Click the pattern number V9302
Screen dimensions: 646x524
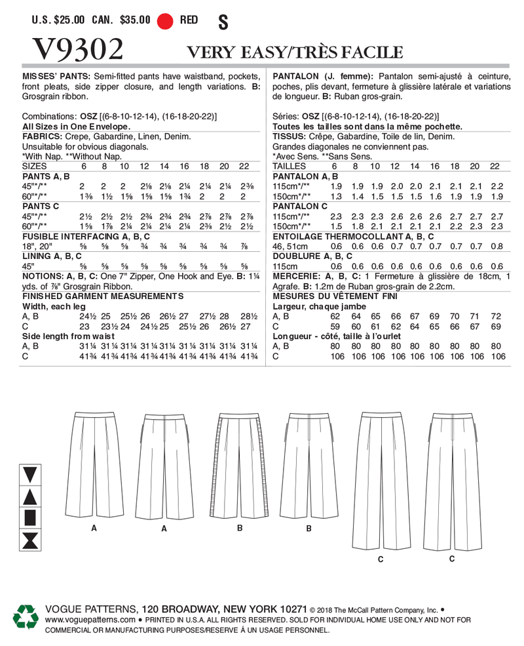77,50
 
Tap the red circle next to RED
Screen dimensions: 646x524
166,20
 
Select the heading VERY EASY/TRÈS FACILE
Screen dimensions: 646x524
295,52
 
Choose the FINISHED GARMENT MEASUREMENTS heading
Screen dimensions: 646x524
84,296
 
